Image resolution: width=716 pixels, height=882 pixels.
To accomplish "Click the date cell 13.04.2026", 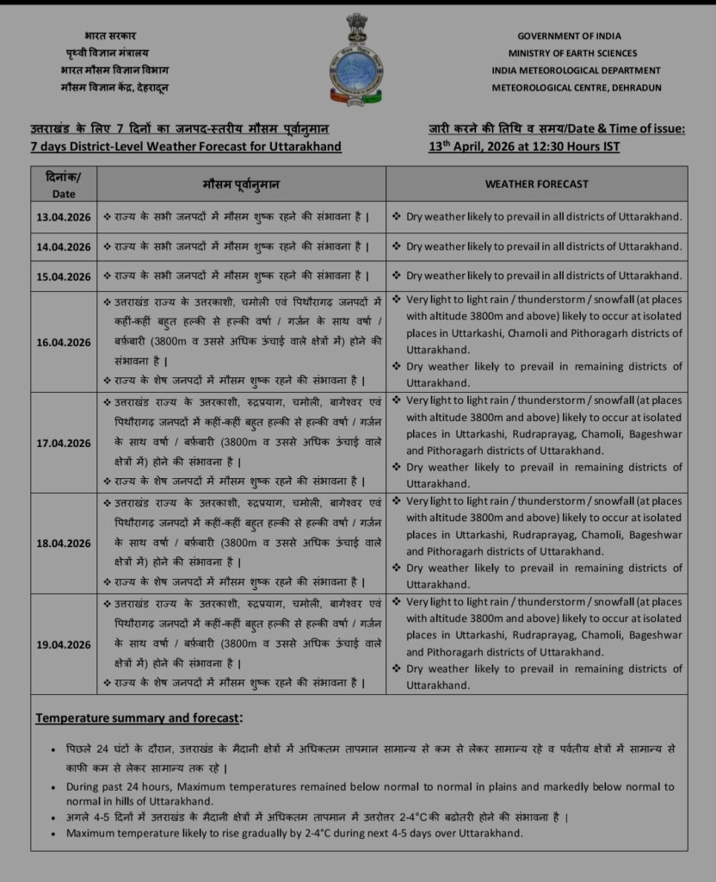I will (64, 217).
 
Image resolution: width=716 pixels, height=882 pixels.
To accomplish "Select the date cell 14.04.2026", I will (64, 247).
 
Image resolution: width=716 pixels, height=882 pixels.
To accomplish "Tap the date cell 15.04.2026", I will (64, 276).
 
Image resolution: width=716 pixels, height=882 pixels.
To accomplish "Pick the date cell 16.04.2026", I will (64, 342).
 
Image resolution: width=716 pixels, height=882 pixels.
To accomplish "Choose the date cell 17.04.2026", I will (64, 443).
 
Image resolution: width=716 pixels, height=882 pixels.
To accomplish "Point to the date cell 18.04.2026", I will (64, 543).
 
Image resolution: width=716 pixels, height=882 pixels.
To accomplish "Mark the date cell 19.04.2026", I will (64, 644).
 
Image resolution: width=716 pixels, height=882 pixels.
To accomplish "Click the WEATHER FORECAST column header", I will (536, 184).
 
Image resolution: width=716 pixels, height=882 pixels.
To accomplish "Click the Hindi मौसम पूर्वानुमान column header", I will (241, 184).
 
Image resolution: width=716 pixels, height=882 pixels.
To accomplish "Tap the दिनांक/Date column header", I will (64, 184).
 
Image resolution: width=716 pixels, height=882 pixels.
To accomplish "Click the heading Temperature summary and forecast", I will (139, 717).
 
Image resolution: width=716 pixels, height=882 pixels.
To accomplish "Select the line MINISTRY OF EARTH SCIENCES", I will (577, 53).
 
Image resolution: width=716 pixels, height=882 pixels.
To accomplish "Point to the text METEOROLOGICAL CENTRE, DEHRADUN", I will (577, 88).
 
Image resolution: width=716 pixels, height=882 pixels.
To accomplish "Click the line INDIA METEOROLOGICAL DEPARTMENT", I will (577, 71).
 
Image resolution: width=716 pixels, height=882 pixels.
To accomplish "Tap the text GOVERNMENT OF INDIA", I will (577, 36).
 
